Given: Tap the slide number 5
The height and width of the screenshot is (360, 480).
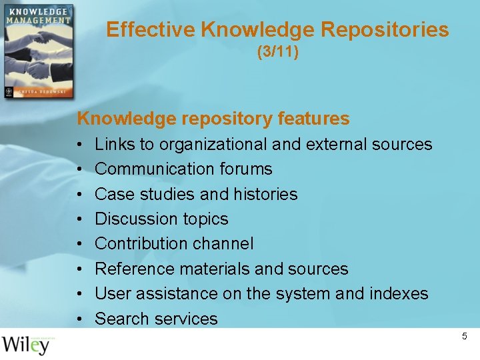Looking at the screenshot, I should click(465, 337).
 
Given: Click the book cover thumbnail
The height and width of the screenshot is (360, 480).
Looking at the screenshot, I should click(37, 51).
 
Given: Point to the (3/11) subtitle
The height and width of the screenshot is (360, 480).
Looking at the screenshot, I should click(277, 51).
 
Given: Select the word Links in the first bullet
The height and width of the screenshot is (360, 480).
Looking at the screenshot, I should click(115, 144).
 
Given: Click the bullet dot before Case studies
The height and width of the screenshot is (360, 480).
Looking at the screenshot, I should click(79, 195).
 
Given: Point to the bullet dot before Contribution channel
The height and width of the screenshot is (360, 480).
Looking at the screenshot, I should click(79, 244).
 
